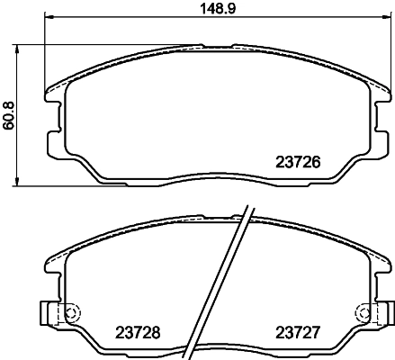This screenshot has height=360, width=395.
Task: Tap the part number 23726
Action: point(296,164)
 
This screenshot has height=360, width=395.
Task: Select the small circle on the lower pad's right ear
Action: point(364,314)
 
